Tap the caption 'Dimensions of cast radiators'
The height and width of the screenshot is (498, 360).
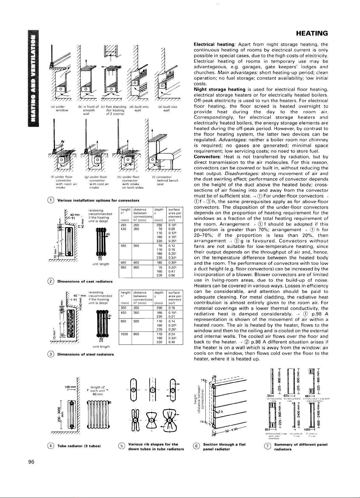point(85,281)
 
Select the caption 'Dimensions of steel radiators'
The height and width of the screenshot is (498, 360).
point(85,354)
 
